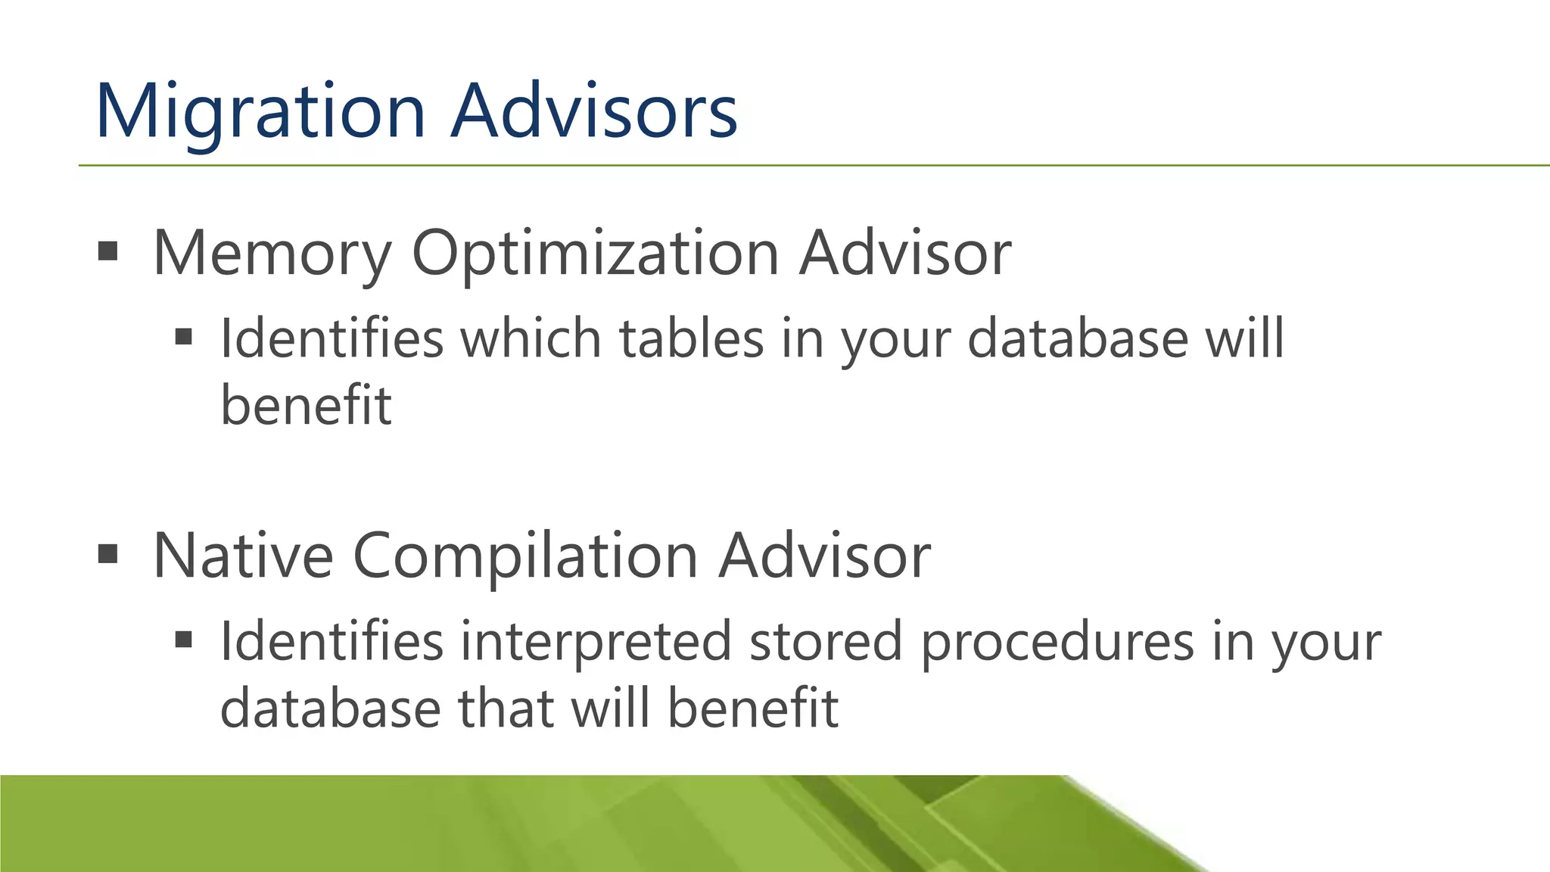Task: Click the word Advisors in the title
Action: (594, 112)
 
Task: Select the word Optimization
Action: (595, 254)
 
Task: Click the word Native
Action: (243, 556)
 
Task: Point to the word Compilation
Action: (525, 556)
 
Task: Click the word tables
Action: (692, 338)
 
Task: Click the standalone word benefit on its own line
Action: (306, 405)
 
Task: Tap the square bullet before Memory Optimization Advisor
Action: (108, 251)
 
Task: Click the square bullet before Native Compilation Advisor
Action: (108, 554)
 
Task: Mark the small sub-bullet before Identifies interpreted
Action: (183, 640)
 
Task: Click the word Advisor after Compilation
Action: (824, 556)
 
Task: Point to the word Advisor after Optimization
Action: (905, 254)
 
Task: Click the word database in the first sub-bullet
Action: (1078, 338)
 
